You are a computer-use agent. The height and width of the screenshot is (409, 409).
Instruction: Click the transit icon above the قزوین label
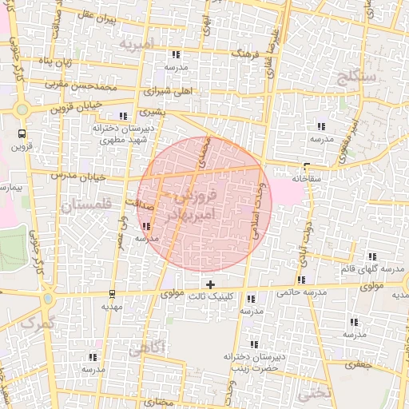21,134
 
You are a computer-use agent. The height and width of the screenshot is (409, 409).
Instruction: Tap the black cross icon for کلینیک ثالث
210,284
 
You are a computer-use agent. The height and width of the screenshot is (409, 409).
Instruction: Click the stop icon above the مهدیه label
111,292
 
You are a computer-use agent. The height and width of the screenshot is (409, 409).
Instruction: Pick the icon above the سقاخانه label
306,168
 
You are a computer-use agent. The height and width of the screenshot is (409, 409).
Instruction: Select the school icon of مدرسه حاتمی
301,280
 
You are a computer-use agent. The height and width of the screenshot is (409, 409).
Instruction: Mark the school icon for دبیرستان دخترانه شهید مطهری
123,116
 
